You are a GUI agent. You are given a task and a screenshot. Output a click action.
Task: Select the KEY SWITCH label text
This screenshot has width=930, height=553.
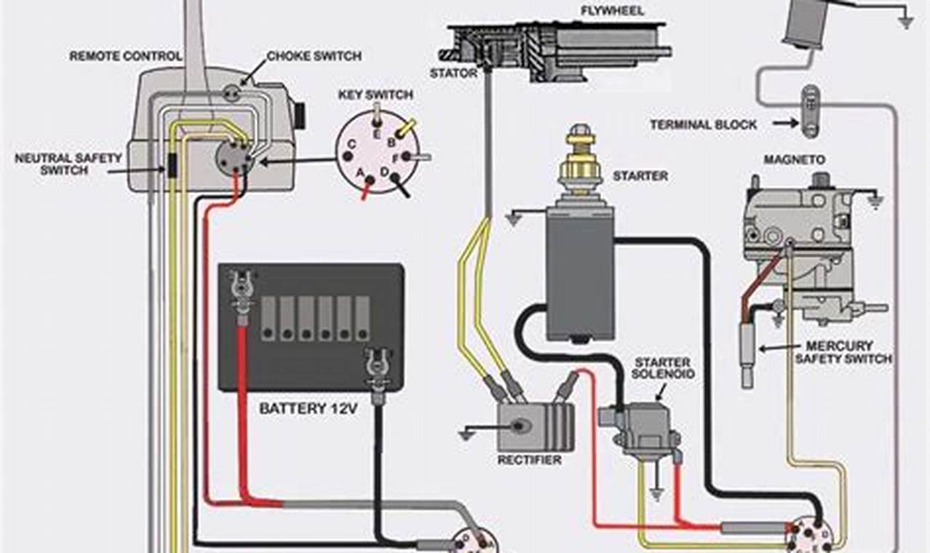(x=375, y=95)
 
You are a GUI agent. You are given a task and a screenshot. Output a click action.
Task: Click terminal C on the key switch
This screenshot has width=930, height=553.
(x=351, y=144)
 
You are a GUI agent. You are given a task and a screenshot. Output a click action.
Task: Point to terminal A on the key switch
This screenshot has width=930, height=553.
(x=359, y=172)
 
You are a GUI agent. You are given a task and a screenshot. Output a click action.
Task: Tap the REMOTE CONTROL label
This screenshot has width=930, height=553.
(x=125, y=56)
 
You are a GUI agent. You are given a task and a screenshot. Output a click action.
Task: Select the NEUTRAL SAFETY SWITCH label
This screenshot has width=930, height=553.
(x=54, y=164)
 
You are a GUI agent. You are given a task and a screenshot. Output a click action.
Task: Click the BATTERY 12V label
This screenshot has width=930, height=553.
(x=309, y=409)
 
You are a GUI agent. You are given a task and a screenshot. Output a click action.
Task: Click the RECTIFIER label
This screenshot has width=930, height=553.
(x=529, y=460)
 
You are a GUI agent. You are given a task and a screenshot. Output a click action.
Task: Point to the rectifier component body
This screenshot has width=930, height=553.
(x=536, y=426)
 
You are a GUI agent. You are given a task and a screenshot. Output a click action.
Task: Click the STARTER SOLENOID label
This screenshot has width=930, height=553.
(x=663, y=367)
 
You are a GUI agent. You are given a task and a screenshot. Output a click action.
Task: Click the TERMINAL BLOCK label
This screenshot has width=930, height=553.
(x=703, y=125)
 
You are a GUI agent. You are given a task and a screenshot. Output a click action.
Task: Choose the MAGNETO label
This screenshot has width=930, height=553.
(x=784, y=159)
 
